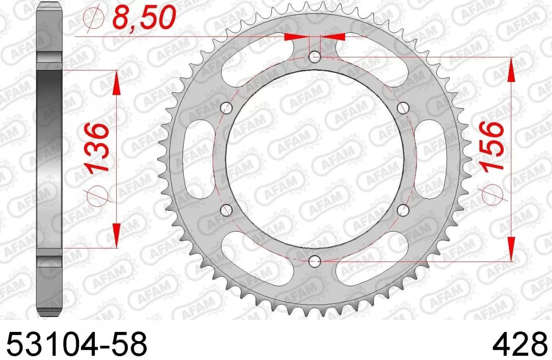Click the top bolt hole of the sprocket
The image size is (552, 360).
[315, 57]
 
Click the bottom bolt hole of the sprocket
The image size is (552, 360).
[315, 262]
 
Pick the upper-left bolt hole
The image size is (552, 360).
[226, 108]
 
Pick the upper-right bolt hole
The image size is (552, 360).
[403, 108]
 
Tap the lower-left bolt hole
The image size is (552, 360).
[226, 210]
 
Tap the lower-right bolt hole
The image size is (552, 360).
[403, 210]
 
